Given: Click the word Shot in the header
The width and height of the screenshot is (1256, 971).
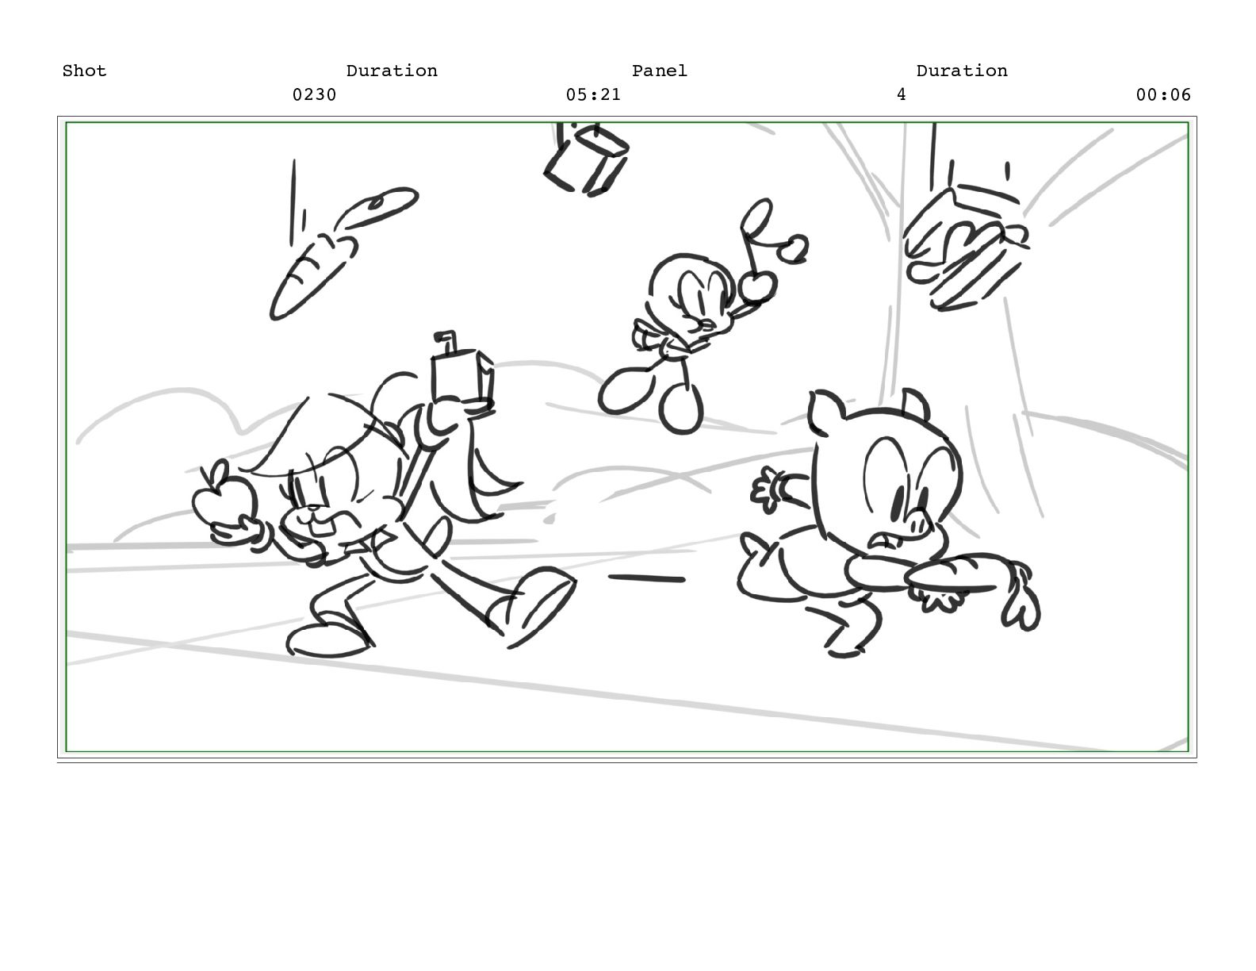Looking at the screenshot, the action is tap(84, 71).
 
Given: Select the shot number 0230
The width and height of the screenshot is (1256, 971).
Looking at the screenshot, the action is tap(314, 94).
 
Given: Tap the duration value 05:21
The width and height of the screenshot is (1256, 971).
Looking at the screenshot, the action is tap(593, 94).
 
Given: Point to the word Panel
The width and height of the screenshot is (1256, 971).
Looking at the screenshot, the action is tap(659, 71).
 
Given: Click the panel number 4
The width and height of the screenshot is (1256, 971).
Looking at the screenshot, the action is tap(901, 94).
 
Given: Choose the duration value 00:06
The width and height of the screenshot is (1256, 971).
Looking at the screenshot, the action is tap(1163, 94).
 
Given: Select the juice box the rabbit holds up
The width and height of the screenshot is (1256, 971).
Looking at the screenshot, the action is tap(462, 376).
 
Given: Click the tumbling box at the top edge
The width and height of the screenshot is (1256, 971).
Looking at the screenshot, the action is tap(587, 159).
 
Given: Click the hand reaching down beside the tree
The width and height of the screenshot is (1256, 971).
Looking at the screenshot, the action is tap(964, 248).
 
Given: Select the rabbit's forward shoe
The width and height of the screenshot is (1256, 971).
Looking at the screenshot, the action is tap(532, 604).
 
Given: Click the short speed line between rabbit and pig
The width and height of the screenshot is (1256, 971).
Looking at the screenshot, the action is tap(646, 578).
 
